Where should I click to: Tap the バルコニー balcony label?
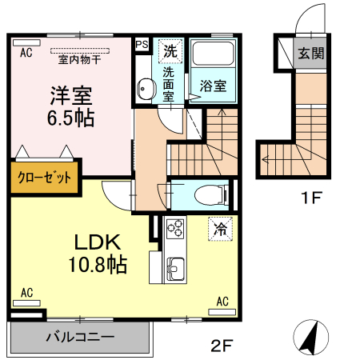(79, 337)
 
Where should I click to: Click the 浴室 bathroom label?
(213, 84)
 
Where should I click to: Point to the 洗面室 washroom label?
(170, 83)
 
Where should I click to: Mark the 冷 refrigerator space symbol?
(220, 228)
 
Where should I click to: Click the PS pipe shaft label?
(142, 45)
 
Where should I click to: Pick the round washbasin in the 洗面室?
(146, 89)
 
